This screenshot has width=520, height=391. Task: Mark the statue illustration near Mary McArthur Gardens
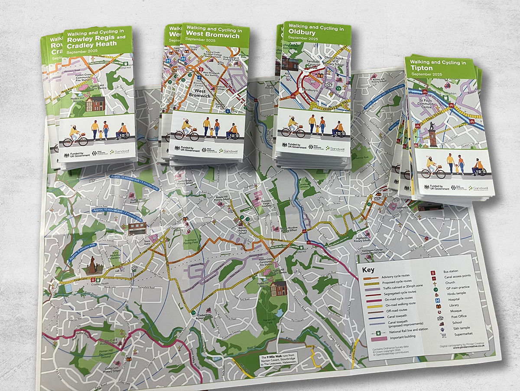93,266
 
